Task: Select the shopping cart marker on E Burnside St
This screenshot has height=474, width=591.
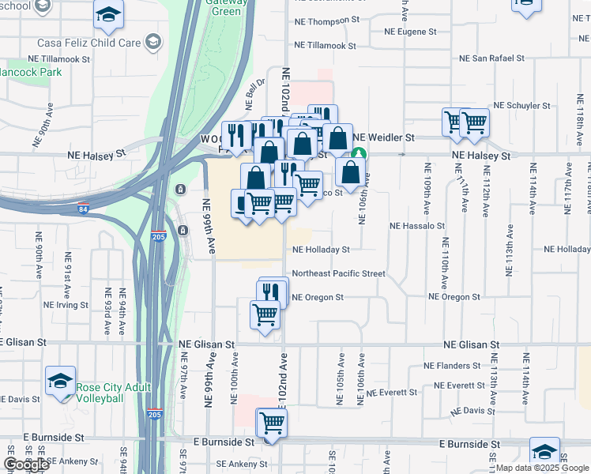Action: (x=271, y=423)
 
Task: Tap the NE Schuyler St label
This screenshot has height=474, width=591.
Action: (x=521, y=105)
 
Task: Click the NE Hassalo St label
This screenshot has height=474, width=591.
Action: (x=418, y=225)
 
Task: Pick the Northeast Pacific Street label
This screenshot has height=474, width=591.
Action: (x=338, y=273)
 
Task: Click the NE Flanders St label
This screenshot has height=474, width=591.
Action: (x=453, y=366)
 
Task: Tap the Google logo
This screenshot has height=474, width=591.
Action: (x=26, y=465)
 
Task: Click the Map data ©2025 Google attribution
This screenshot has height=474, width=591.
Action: (x=543, y=468)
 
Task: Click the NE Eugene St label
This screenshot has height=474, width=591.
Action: (x=410, y=32)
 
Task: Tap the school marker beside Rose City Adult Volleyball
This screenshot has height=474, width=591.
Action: (x=60, y=382)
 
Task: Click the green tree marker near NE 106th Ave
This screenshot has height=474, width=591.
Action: (x=359, y=153)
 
